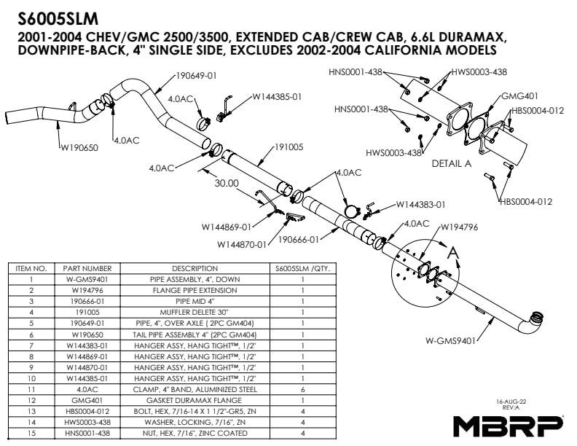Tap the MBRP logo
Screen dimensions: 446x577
pos(509,425)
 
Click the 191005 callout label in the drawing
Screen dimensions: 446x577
pos(290,147)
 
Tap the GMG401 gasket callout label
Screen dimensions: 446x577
pos(520,96)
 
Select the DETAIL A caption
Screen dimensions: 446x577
pos(452,163)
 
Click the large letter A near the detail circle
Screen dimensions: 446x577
pos(453,252)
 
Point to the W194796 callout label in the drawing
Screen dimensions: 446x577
pos(459,227)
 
